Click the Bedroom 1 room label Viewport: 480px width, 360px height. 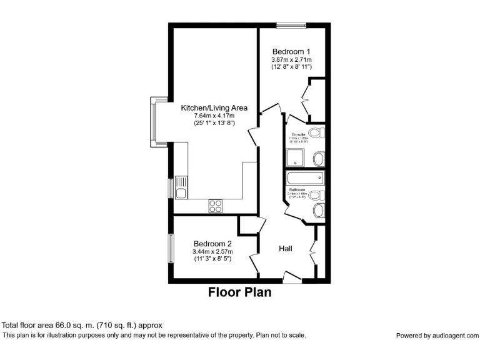(x=291, y=51)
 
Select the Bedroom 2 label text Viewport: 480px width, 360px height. (x=212, y=244)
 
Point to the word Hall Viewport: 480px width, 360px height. (x=286, y=248)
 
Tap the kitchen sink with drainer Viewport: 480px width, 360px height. (x=181, y=187)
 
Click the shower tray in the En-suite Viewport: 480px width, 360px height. (x=295, y=157)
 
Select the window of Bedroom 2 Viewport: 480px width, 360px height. (x=170, y=248)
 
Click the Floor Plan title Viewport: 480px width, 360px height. (x=239, y=292)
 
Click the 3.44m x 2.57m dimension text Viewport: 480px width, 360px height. (x=212, y=252)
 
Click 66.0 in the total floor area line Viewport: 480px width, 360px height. (x=66, y=325)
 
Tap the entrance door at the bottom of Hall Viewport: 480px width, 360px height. (x=291, y=276)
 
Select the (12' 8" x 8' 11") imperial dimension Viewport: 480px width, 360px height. (x=291, y=66)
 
